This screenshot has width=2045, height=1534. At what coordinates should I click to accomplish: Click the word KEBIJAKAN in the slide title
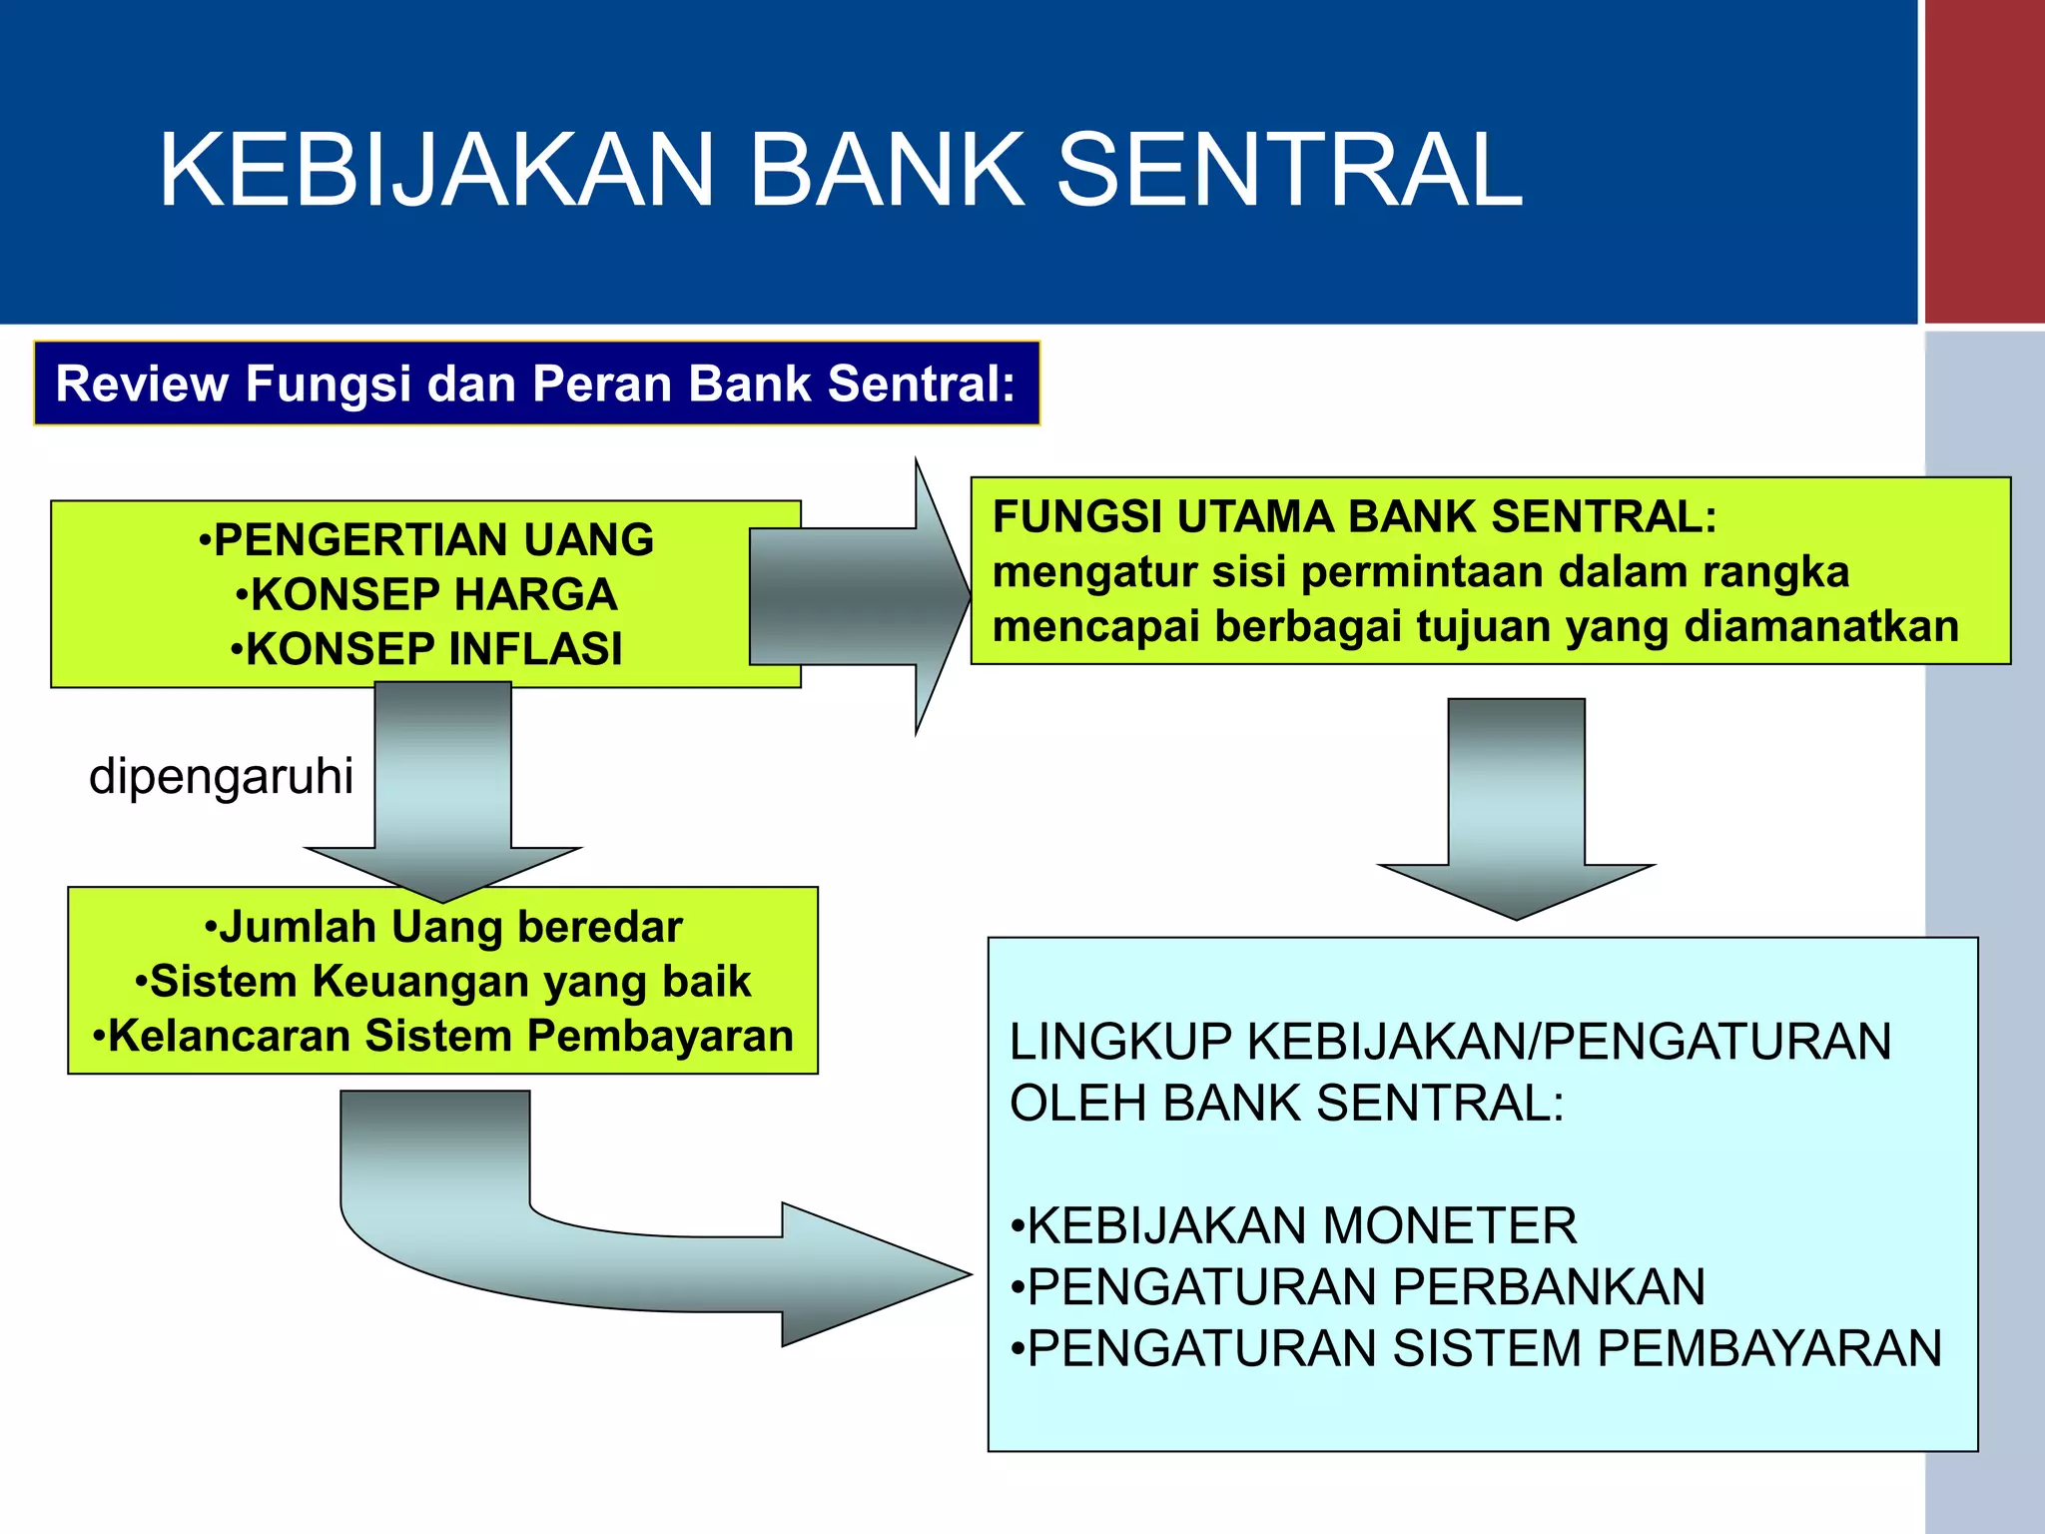coord(437,171)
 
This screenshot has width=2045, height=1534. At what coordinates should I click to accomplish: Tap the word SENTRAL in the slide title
coord(1288,171)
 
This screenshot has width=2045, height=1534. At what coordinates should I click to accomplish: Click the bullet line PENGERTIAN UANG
coord(426,540)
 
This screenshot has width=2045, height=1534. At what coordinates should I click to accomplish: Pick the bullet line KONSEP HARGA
coord(426,595)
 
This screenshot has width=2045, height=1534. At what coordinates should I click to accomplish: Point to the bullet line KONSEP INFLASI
coord(426,649)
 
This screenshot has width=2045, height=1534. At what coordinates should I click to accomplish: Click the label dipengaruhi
coord(221,776)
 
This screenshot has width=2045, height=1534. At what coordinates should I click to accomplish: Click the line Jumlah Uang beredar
coord(443,927)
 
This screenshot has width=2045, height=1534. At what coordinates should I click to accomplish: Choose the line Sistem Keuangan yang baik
coord(443,982)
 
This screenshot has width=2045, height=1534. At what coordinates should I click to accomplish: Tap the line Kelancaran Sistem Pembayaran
coord(443,1036)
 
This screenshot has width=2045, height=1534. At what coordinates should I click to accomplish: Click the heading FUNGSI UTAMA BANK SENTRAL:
coord(1354,517)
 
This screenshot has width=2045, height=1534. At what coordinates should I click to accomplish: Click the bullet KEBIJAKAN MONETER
coord(1294,1225)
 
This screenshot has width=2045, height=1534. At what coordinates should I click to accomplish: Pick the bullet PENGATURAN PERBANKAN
coord(1358,1286)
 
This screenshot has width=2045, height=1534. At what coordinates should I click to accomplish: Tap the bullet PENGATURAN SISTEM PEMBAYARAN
coord(1476,1348)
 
